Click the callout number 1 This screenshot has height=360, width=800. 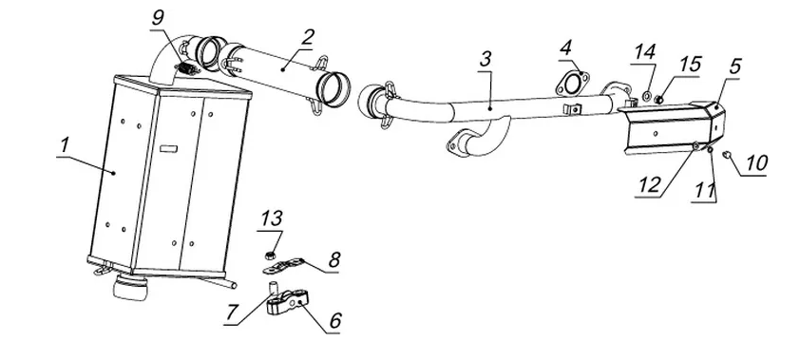point(65,145)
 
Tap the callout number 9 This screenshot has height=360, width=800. point(159,18)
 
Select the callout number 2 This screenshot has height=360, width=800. point(308,37)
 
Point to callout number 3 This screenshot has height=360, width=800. point(486,59)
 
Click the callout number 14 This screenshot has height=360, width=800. point(645,52)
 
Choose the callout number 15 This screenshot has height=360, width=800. point(691,65)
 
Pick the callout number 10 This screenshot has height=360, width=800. point(756,163)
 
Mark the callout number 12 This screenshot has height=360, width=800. point(649,185)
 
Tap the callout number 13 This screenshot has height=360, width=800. point(272,218)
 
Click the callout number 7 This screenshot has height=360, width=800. point(232,313)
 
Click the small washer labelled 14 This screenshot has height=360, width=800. point(646,95)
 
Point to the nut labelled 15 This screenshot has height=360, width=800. point(659,100)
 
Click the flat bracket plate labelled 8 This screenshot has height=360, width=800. point(283,265)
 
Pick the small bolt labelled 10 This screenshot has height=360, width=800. point(728,154)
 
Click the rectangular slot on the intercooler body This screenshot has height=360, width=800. point(168,149)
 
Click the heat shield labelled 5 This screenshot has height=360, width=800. point(673,127)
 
